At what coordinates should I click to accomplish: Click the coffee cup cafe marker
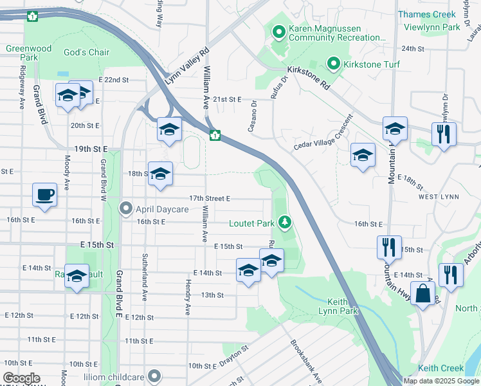pyautogui.click(x=44, y=195)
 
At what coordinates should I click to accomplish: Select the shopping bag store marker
pyautogui.click(x=424, y=294)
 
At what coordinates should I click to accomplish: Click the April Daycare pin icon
pyautogui.click(x=126, y=208)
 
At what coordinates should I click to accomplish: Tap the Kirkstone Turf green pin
pyautogui.click(x=334, y=64)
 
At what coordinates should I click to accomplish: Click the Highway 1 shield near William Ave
pyautogui.click(x=215, y=135)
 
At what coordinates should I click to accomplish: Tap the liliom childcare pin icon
pyautogui.click(x=154, y=374)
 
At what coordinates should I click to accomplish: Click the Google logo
pyautogui.click(x=22, y=378)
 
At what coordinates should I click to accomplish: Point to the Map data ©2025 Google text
pyautogui.click(x=441, y=381)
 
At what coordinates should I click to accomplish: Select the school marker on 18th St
pyautogui.click(x=160, y=174)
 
